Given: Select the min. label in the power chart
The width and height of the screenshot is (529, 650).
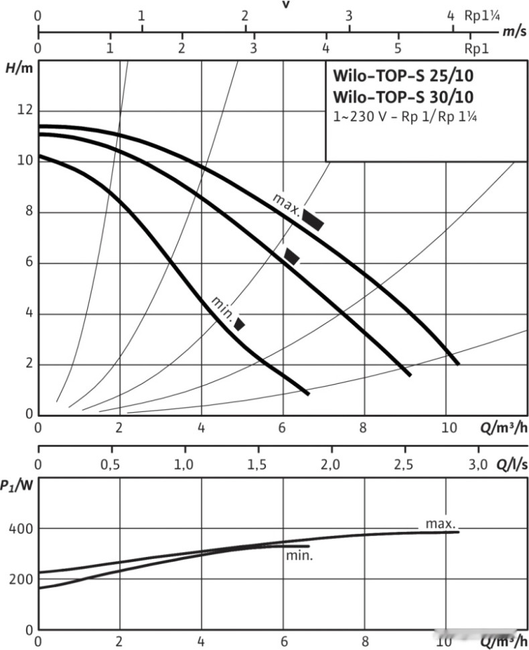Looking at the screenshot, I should [299, 556].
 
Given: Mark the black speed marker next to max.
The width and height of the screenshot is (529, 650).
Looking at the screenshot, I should [313, 220].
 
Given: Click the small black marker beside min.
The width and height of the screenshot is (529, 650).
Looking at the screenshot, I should [239, 324].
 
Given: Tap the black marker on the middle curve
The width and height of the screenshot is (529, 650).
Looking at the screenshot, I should [292, 256].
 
